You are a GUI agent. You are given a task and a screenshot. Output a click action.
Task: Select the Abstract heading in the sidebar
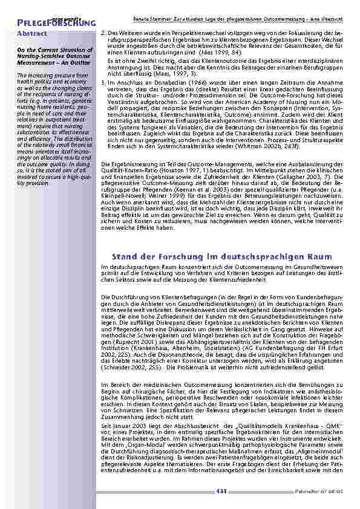32,34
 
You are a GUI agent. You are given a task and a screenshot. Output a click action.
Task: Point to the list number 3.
104,80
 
